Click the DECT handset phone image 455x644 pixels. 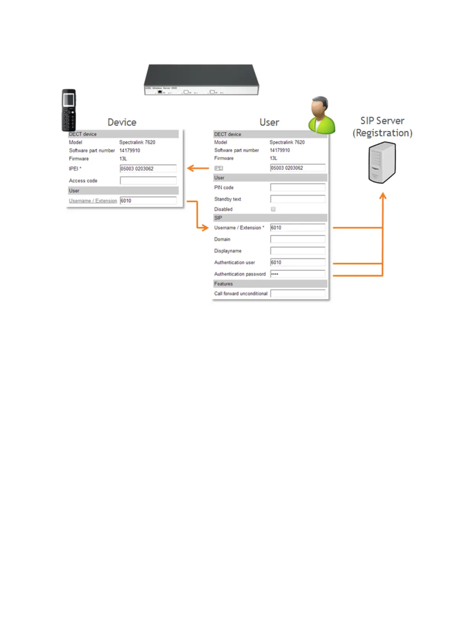[x=69, y=110]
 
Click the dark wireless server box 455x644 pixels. [x=201, y=79]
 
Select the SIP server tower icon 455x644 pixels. [x=382, y=162]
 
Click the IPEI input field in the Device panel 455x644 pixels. [x=148, y=169]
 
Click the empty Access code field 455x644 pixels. [x=148, y=181]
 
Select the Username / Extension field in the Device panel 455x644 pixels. [x=148, y=201]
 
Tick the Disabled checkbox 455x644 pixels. [x=273, y=209]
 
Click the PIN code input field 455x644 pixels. [x=298, y=187]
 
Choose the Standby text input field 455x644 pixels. [x=298, y=199]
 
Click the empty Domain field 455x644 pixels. [x=298, y=239]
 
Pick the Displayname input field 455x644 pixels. [x=298, y=251]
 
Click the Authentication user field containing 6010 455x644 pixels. [x=298, y=262]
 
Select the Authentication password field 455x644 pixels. [x=298, y=274]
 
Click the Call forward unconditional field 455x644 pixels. [x=298, y=294]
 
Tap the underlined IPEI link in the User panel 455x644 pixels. [x=219, y=168]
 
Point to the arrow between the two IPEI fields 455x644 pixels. [x=198, y=168]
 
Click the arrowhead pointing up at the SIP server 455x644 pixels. [x=383, y=196]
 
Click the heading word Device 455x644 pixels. [x=122, y=122]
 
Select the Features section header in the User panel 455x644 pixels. [x=223, y=284]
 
